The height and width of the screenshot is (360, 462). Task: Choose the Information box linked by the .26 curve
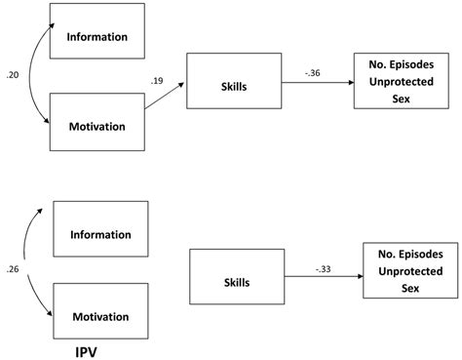(x=101, y=234)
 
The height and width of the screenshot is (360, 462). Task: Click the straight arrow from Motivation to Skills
(x=166, y=102)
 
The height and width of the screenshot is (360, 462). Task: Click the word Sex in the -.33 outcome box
(x=406, y=290)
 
